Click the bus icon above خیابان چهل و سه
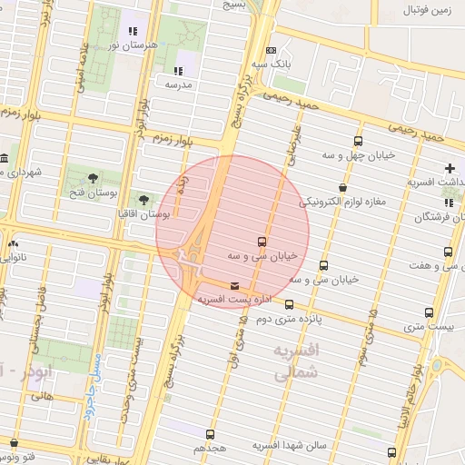click(x=359, y=141)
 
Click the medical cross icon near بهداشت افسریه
click(x=450, y=168)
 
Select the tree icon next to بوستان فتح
click(x=94, y=176)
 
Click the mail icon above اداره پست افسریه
click(x=235, y=286)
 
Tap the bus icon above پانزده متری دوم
click(x=290, y=305)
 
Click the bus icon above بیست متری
click(x=430, y=312)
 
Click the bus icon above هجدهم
click(x=210, y=434)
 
